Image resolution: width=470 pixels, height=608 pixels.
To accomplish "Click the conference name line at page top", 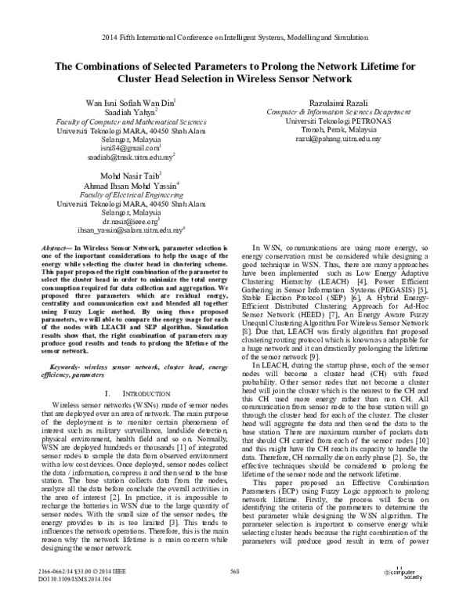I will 235,38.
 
